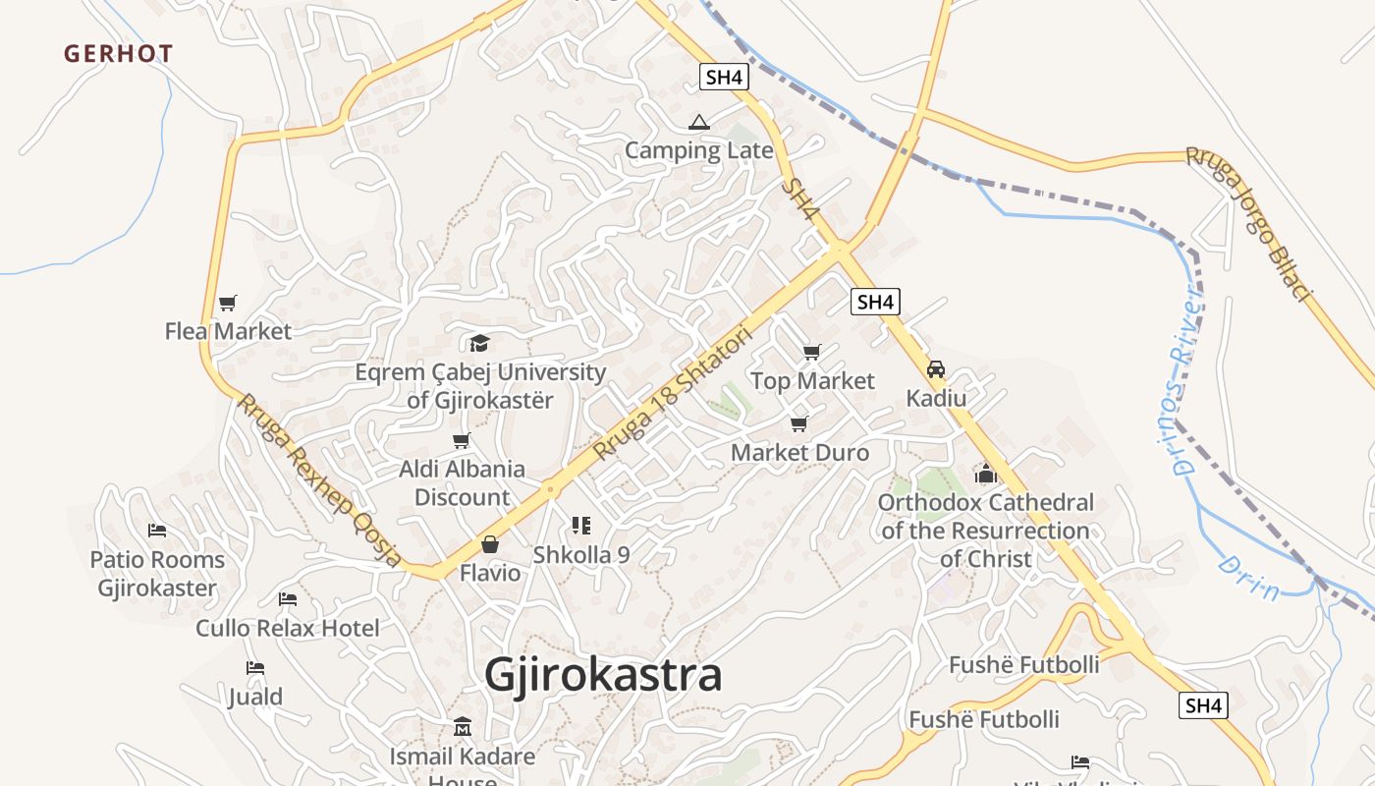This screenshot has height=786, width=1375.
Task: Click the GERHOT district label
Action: click(119, 54)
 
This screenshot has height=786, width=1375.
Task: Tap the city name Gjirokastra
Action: click(603, 675)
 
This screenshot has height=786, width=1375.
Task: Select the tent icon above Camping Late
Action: click(698, 123)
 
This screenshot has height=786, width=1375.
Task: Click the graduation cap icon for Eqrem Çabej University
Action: click(479, 343)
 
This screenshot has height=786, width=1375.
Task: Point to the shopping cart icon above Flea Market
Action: click(228, 303)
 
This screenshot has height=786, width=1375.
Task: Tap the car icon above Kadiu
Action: click(936, 369)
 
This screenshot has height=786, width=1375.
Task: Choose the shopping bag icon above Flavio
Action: click(490, 544)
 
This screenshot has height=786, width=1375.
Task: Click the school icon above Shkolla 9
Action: click(580, 527)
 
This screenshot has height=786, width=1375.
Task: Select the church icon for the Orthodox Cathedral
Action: click(986, 474)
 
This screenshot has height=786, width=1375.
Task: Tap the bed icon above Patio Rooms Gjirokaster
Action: click(157, 531)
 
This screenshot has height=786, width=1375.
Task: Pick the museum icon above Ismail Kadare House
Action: click(463, 728)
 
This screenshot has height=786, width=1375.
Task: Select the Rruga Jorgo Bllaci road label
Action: click(1248, 224)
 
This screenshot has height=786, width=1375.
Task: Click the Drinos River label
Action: click(1186, 379)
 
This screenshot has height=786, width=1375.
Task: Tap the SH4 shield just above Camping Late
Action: click(724, 77)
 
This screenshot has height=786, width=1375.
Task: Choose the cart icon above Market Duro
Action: click(799, 424)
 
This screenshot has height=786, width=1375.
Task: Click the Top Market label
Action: click(812, 380)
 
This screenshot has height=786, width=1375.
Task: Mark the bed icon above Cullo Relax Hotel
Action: click(287, 598)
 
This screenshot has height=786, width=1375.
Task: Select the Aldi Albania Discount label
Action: click(462, 482)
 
